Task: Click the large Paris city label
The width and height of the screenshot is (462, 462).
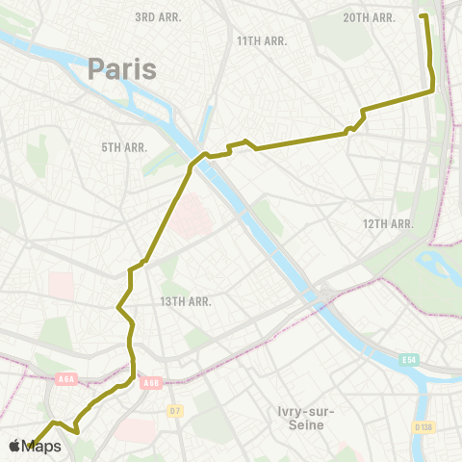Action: (122, 68)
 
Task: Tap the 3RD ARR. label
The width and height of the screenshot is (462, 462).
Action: (158, 17)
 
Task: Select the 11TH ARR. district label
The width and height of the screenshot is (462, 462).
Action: (261, 40)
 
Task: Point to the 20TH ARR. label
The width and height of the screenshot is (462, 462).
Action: (370, 17)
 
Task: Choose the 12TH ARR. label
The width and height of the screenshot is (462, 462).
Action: (388, 223)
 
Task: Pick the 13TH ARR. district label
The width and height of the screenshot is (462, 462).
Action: (186, 300)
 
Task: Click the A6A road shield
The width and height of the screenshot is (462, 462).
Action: (65, 378)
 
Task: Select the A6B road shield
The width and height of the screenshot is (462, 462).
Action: (150, 383)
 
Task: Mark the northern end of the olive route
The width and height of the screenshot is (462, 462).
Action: (422, 15)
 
